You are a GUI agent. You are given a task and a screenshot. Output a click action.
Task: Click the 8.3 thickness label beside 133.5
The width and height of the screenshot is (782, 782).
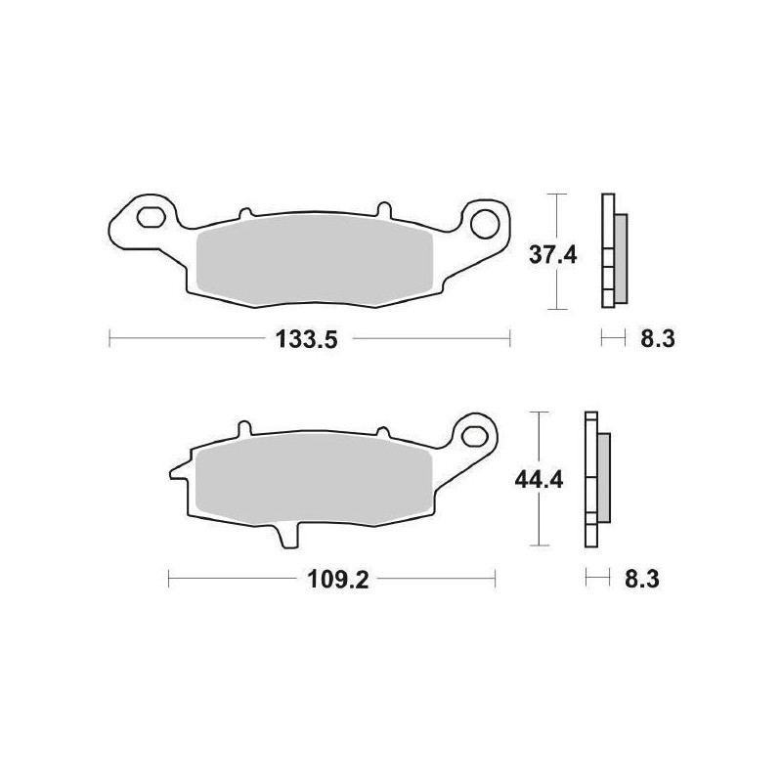tap(655, 340)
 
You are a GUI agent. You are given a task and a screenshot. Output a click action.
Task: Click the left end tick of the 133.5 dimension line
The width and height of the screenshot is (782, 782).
tap(109, 340)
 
